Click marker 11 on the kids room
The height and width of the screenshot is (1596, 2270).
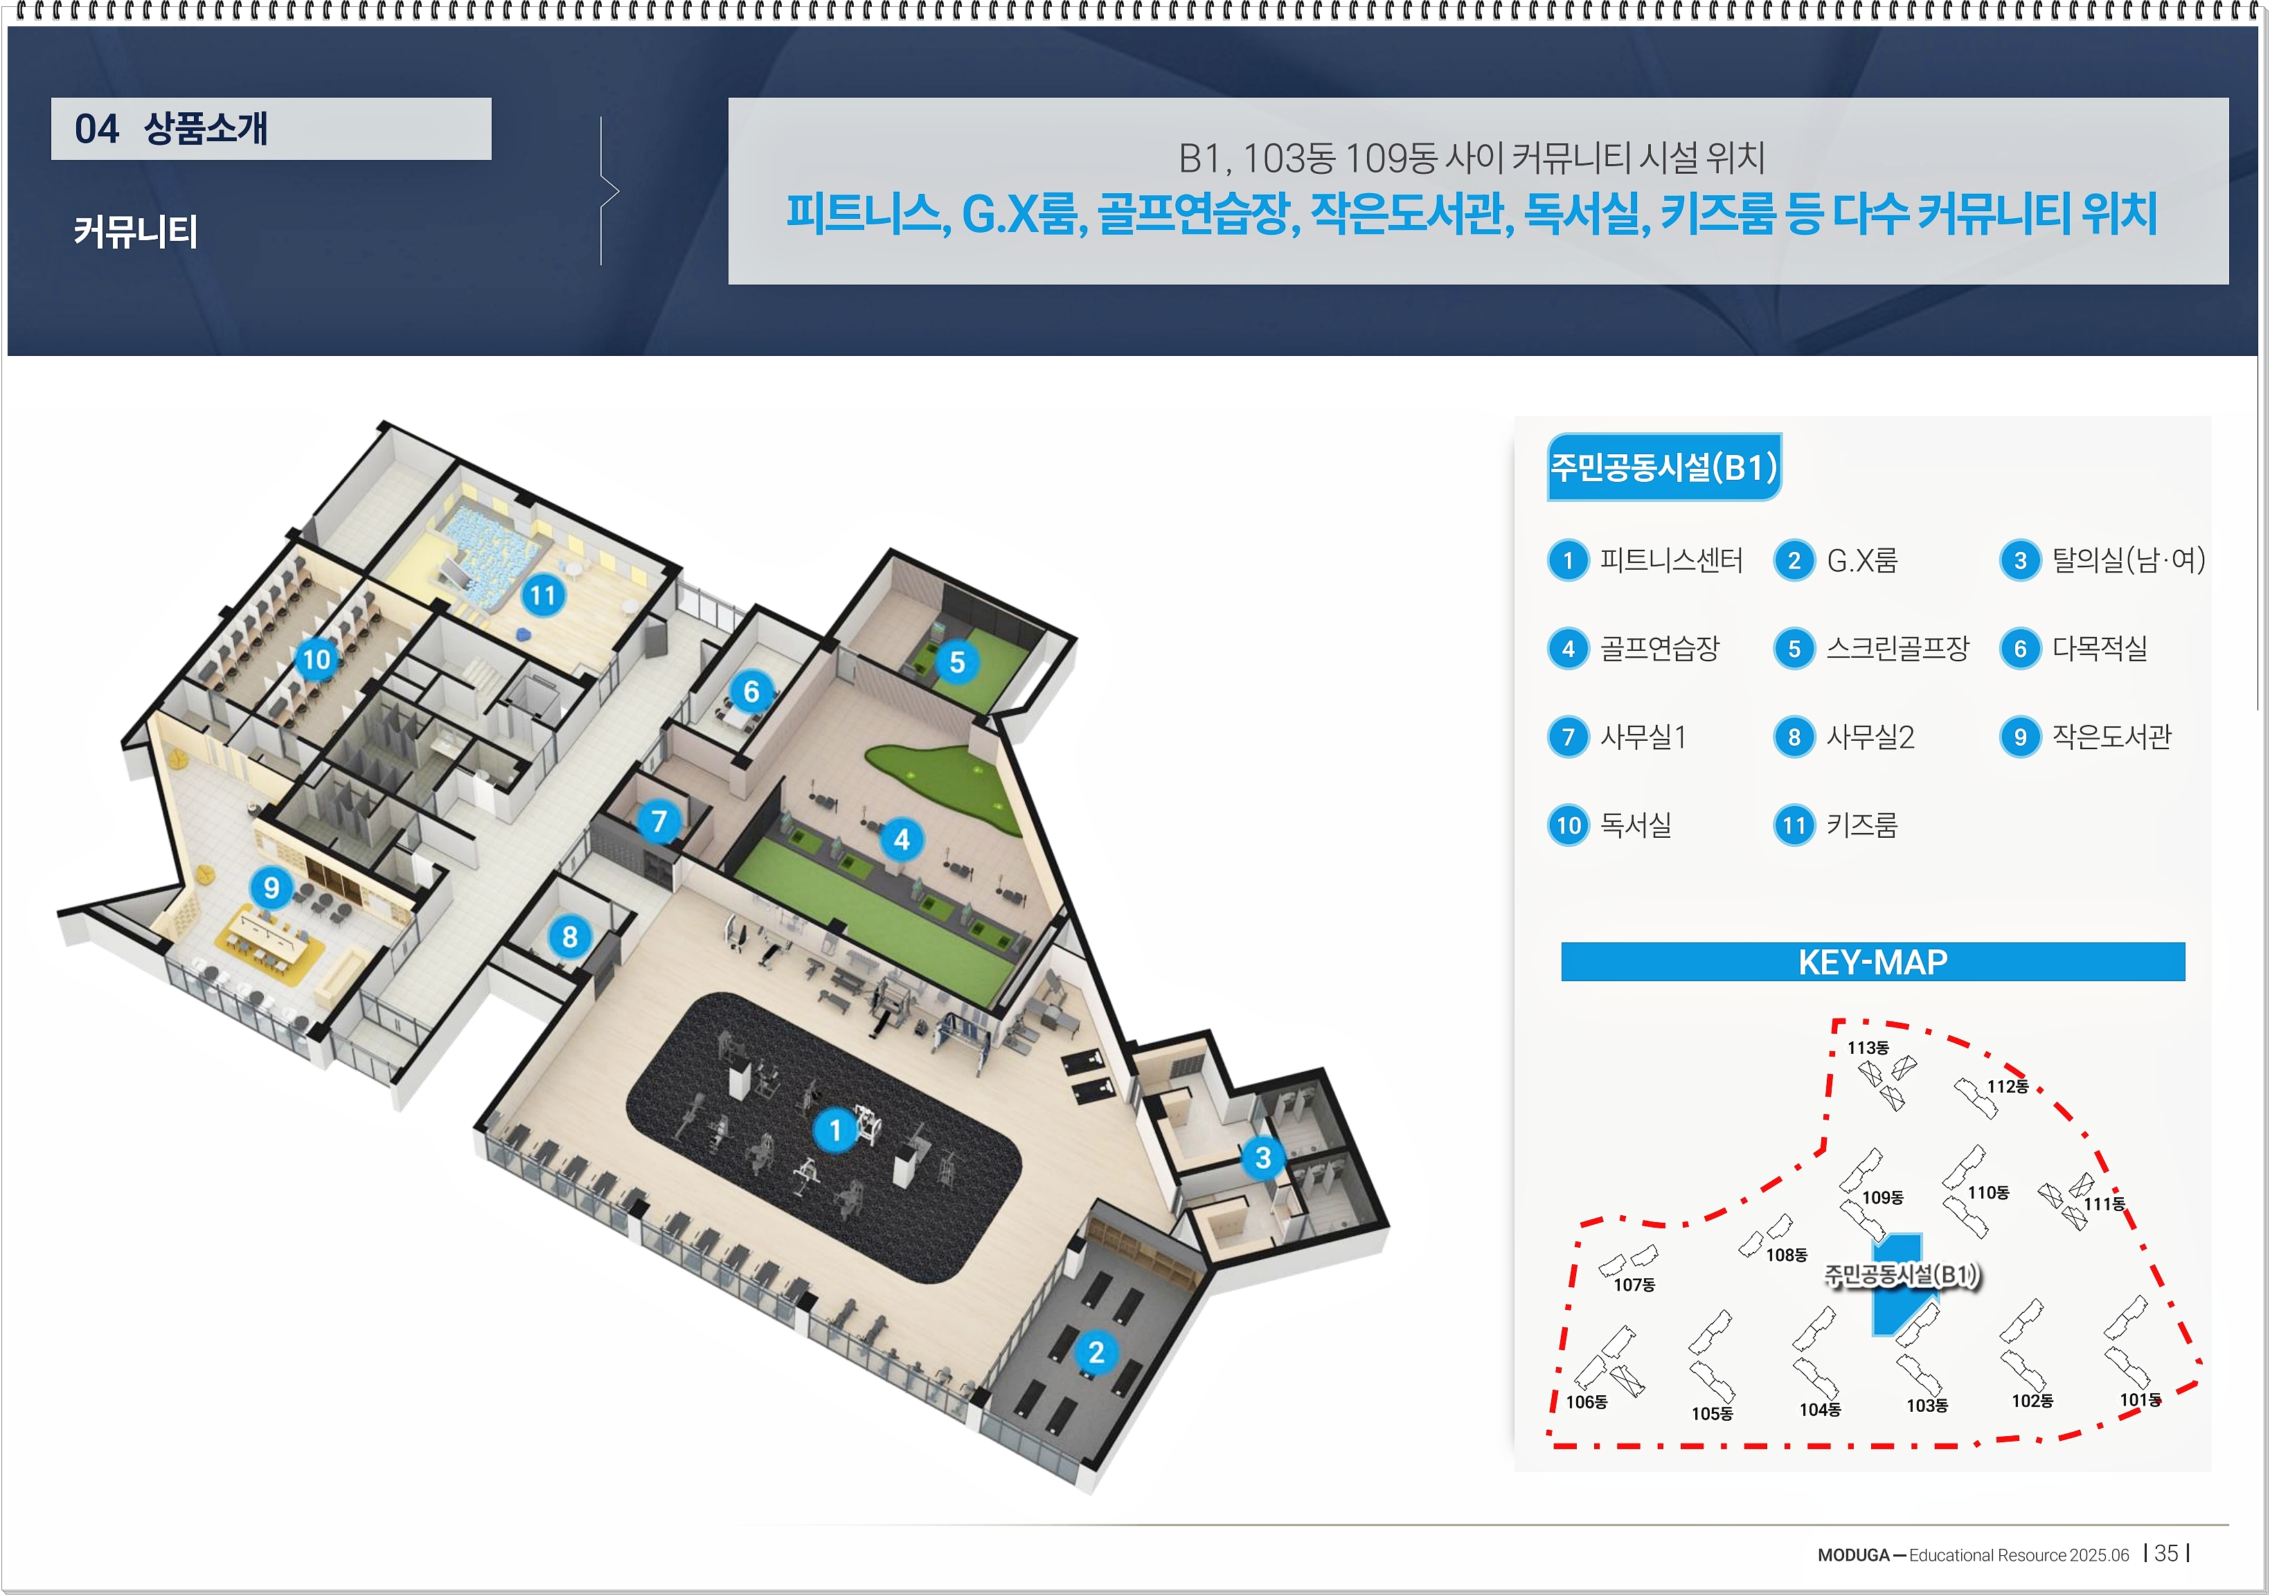point(543,595)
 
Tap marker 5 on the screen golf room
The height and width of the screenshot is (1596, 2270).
point(957,663)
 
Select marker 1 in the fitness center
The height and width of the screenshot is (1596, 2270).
point(834,1129)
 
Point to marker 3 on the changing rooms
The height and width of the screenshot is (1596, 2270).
point(1262,1157)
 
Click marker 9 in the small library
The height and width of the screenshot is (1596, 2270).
point(271,888)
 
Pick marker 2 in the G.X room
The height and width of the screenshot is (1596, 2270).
point(1096,1352)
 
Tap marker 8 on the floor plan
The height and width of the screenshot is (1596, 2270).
point(569,936)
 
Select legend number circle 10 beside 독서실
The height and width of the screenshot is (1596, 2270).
point(1568,825)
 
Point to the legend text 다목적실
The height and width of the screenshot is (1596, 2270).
point(2099,649)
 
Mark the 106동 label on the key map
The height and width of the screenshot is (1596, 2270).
point(1586,1402)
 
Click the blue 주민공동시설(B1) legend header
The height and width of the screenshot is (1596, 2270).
point(1664,467)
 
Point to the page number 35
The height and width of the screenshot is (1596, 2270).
point(2165,1554)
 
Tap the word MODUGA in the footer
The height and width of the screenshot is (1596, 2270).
point(1853,1555)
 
